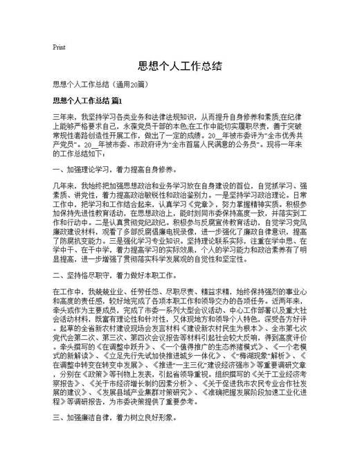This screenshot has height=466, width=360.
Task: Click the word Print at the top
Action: (x=59, y=48)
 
